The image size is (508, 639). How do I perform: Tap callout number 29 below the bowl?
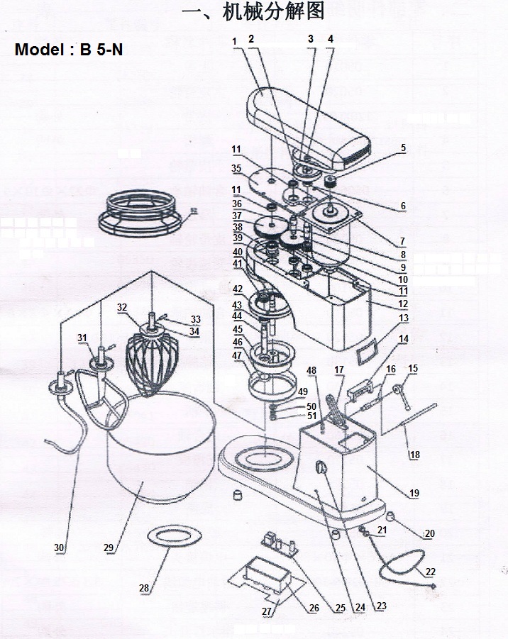[109, 548]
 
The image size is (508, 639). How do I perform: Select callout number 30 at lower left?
[60, 548]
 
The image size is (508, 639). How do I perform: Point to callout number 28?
[144, 588]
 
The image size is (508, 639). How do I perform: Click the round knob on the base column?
[320, 468]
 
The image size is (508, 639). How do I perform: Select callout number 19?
[414, 493]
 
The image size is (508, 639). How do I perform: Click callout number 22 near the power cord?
[430, 571]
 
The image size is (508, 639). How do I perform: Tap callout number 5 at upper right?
[403, 148]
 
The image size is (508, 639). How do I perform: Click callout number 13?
[403, 318]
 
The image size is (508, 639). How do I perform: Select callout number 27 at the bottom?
[267, 611]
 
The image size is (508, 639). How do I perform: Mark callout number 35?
[236, 168]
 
